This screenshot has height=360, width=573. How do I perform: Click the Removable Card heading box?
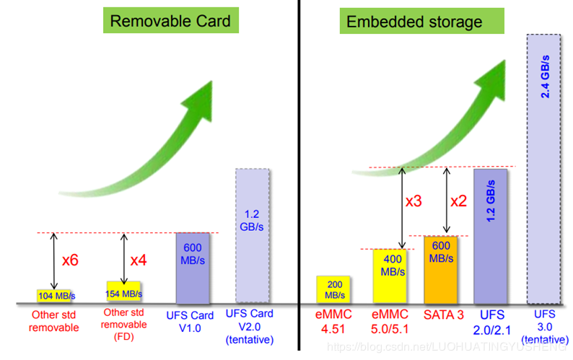pos(170,21)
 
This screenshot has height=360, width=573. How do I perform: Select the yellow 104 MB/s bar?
pos(56,296)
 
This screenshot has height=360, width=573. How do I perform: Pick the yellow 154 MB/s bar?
pos(124,291)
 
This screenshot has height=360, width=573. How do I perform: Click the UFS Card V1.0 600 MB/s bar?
pos(193,268)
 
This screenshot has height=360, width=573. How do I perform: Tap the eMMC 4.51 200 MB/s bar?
pos(334,289)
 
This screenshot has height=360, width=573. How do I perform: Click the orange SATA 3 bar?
pos(441,269)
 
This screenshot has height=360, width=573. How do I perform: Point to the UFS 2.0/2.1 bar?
pos(491,235)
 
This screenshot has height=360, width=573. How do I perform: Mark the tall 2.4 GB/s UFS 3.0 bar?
pos(544,167)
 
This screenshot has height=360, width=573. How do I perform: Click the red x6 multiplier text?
pos(70,260)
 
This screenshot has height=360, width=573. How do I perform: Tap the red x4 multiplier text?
pos(139,260)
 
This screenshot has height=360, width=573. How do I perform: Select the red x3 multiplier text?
pos(414,202)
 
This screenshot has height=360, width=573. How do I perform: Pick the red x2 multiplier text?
pos(459,202)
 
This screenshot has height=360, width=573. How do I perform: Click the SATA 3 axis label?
pos(442,315)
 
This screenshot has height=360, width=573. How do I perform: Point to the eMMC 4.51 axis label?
pos(334,322)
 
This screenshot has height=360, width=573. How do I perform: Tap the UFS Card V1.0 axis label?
pos(192,322)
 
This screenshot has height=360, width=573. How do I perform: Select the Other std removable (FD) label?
pos(124,324)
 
